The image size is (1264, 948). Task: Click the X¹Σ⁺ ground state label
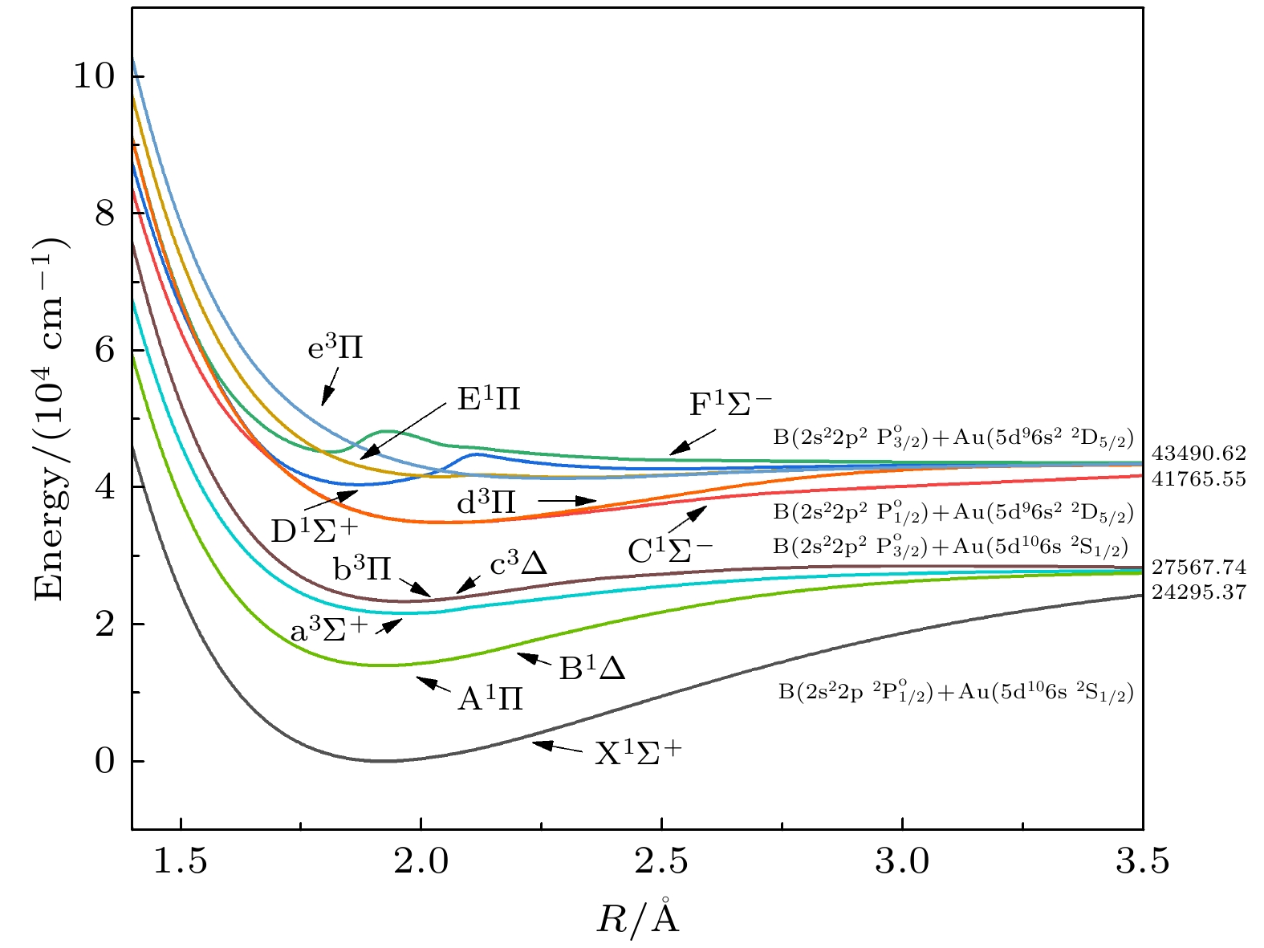click(x=637, y=753)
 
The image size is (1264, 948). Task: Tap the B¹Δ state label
click(x=592, y=669)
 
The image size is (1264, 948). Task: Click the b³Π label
click(x=362, y=569)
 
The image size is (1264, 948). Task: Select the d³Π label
click(x=486, y=503)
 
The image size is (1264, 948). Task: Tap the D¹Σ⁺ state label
click(x=312, y=531)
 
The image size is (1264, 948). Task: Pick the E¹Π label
click(x=489, y=399)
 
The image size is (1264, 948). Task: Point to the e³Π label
click(x=335, y=349)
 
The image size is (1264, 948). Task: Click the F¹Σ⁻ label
click(x=731, y=404)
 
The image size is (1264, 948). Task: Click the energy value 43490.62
click(x=1199, y=454)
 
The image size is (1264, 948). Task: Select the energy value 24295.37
click(x=1199, y=592)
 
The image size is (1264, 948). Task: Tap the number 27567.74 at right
click(x=1199, y=568)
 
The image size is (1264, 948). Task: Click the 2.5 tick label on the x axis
click(x=662, y=861)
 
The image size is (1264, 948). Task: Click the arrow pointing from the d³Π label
click(x=567, y=501)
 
